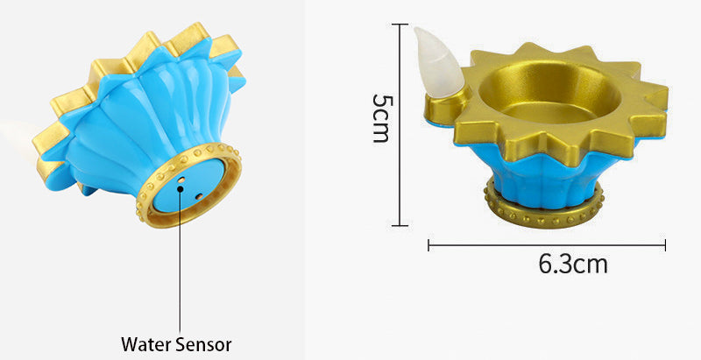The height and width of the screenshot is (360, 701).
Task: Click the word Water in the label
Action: click(145, 344)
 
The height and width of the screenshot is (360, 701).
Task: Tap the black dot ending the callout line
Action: click(181, 188)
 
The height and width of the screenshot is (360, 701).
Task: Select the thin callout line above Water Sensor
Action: click(181, 262)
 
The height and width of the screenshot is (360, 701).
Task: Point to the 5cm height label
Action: click(381, 118)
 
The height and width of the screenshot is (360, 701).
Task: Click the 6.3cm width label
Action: click(573, 265)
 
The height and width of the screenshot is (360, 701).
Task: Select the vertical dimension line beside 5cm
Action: click(399, 125)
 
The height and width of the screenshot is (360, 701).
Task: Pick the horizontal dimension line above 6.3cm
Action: click(547, 244)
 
